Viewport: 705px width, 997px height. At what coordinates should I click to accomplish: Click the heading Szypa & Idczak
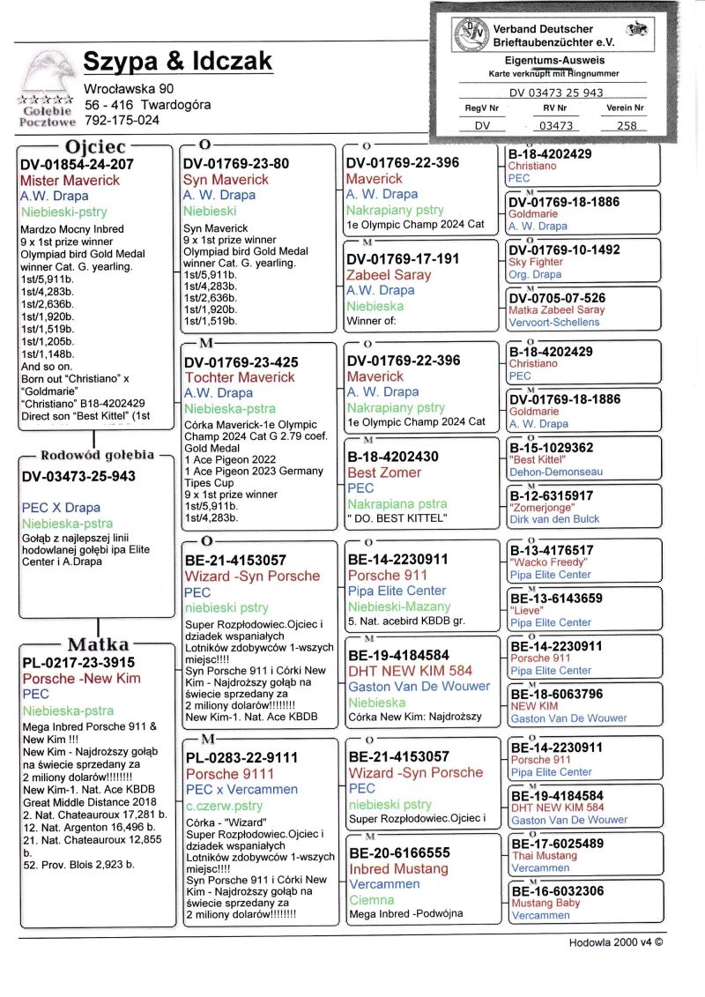click(x=177, y=61)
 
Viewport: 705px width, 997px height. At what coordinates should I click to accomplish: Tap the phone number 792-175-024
click(x=122, y=120)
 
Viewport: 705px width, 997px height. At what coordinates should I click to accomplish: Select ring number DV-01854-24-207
click(x=78, y=164)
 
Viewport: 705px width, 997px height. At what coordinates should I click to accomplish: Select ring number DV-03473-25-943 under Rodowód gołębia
click(x=78, y=476)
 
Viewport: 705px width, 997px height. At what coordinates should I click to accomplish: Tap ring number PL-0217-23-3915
click(x=78, y=663)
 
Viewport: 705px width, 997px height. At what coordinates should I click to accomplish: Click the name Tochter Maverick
click(x=239, y=377)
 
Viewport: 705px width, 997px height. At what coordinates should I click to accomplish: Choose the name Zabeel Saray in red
click(x=389, y=274)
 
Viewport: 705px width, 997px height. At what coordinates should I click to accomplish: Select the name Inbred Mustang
click(x=399, y=869)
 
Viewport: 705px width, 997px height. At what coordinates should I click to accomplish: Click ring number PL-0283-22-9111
click(x=241, y=757)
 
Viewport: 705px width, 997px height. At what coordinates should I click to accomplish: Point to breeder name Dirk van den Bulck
click(x=554, y=519)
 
